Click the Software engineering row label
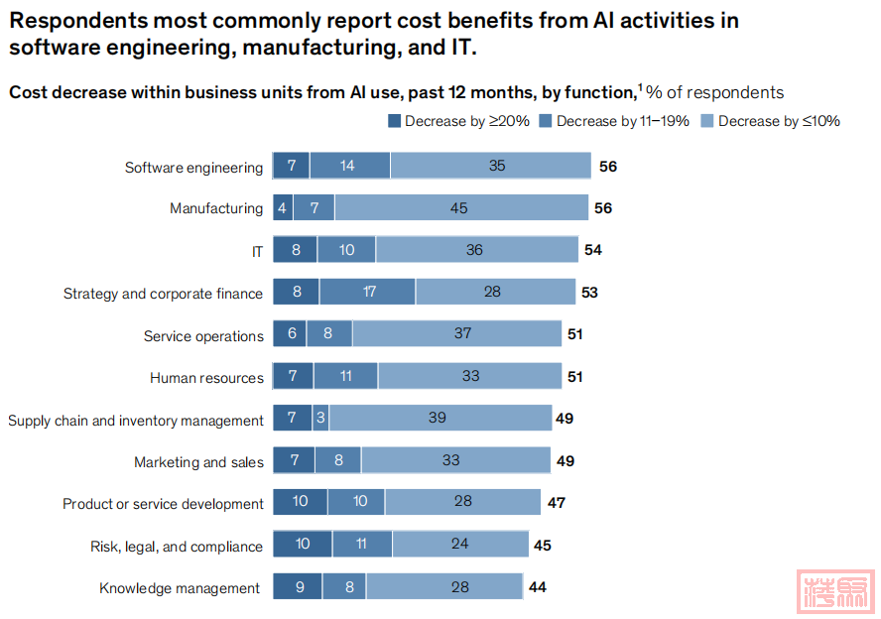click(193, 168)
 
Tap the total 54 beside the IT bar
click(593, 250)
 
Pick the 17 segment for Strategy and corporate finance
click(368, 293)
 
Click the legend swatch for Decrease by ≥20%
click(394, 121)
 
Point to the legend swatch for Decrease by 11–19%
click(547, 121)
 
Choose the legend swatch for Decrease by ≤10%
click(707, 121)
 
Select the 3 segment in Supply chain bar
click(320, 419)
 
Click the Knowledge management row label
click(180, 588)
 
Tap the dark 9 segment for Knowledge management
click(297, 587)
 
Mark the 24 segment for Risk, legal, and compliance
click(459, 545)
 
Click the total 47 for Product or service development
click(557, 503)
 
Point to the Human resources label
click(206, 378)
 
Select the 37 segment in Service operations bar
click(462, 334)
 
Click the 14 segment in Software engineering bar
click(349, 166)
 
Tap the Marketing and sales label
click(198, 462)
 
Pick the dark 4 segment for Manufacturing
click(283, 208)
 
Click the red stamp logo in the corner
click(837, 591)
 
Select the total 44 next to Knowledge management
click(538, 587)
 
